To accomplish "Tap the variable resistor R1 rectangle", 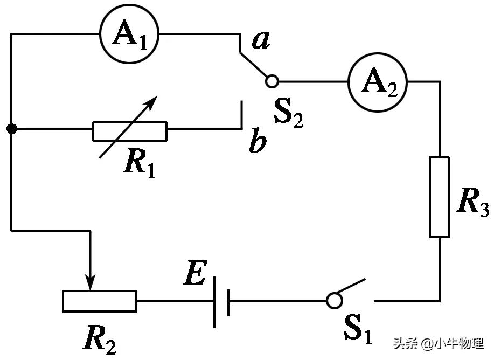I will (129, 131).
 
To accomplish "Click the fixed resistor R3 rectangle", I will (440, 197).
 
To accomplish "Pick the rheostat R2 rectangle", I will (99, 301).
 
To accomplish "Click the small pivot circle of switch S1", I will (334, 301).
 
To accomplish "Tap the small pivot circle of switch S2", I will (273, 81).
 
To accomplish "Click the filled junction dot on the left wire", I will (11, 129).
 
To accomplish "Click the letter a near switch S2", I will (261, 41).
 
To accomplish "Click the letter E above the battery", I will (194, 275).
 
